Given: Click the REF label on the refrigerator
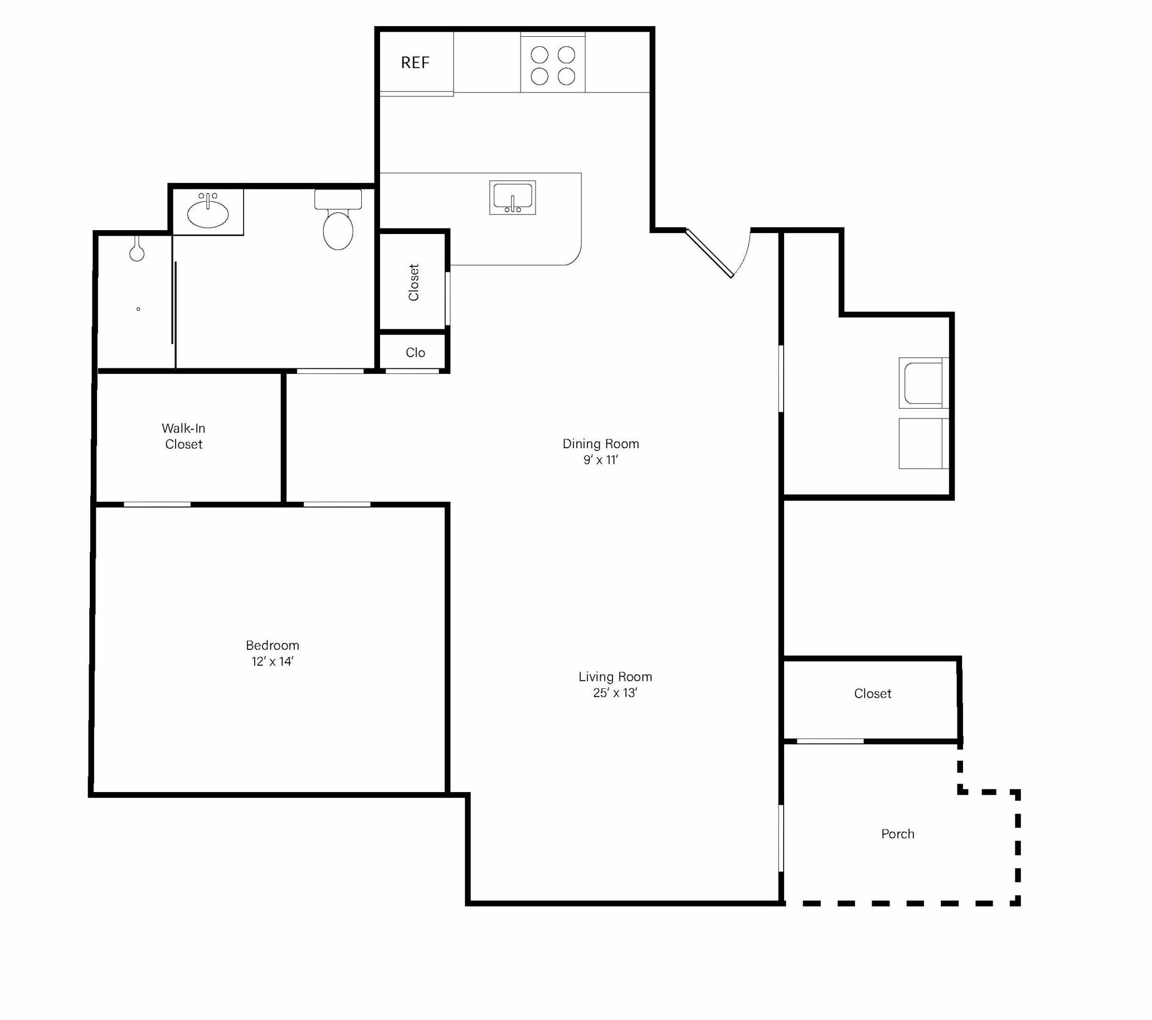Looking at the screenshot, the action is (415, 62).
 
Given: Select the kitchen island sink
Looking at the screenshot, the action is (512, 198).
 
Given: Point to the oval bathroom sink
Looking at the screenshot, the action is (208, 212).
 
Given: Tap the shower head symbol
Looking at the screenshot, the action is (137, 249).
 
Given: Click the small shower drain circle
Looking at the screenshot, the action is (138, 309).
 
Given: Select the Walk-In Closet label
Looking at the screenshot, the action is (184, 436).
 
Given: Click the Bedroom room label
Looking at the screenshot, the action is (272, 645).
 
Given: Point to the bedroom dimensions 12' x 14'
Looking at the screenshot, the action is (273, 662).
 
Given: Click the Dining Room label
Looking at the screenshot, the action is (601, 444).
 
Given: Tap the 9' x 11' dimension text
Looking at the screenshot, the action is (601, 460).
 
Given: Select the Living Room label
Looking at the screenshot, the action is (615, 676).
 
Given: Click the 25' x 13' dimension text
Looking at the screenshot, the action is (615, 693).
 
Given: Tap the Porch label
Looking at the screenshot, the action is (898, 834).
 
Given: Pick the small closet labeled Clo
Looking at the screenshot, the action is (415, 352).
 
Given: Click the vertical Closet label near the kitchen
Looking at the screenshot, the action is (414, 283).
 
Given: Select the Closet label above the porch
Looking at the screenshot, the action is (872, 694).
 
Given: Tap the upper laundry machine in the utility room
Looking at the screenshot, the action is (923, 383).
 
